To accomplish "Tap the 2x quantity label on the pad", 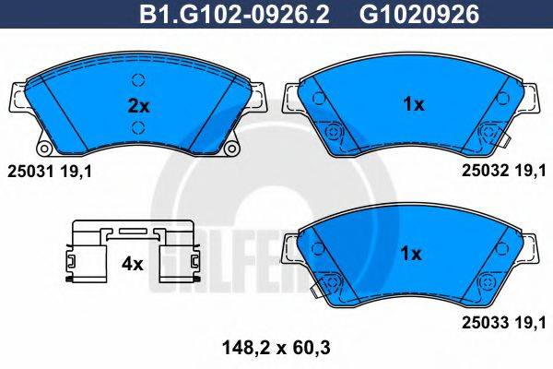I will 137,104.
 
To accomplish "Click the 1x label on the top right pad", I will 413,104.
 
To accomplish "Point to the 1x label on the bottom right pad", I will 411,253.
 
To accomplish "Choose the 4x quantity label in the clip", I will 133,263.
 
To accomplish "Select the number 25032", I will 482,170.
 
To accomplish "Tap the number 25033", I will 482,321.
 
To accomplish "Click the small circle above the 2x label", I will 138,78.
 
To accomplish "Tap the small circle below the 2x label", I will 138,127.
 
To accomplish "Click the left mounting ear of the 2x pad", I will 18,96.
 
